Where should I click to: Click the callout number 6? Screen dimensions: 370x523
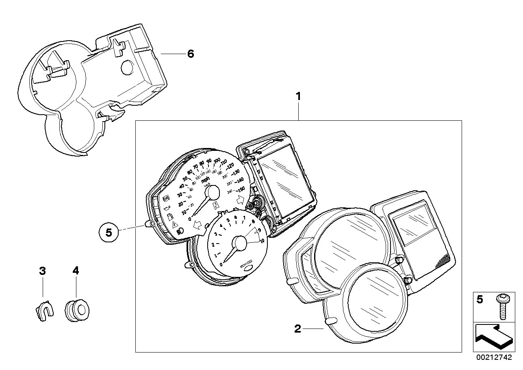click(190, 54)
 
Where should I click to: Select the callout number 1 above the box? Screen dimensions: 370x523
click(298, 97)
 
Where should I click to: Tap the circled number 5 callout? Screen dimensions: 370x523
click(108, 233)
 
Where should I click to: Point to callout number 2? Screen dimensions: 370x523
click(297, 329)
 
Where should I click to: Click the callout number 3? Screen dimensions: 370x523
click(42, 270)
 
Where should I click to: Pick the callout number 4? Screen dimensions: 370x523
click(76, 270)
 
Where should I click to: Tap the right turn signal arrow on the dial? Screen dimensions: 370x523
click(240, 200)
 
